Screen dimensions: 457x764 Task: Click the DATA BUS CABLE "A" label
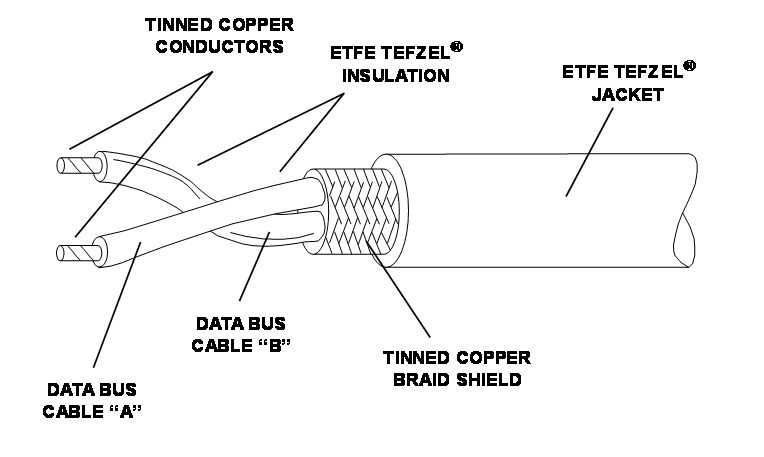coord(93,402)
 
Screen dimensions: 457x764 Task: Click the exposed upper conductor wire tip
coord(74,165)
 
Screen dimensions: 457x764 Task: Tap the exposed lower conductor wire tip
coord(76,251)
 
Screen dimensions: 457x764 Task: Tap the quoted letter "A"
coord(123,413)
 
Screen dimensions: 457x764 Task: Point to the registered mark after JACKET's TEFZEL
coord(691,67)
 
